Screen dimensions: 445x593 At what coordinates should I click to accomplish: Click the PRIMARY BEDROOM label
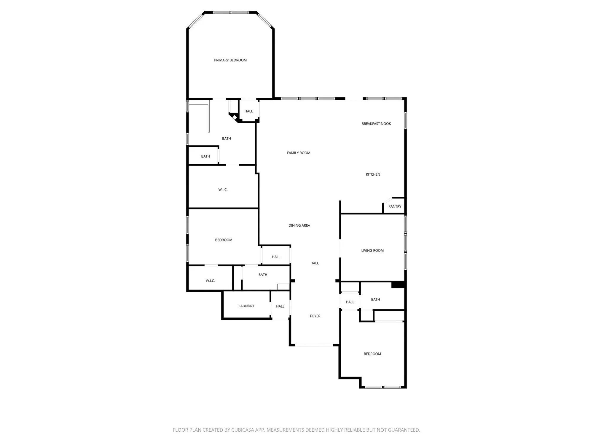tap(230, 60)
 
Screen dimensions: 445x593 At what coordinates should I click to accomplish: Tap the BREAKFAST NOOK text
tap(376, 124)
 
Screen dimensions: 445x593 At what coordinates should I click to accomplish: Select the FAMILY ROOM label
tap(299, 153)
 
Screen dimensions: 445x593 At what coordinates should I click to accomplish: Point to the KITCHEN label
tap(373, 174)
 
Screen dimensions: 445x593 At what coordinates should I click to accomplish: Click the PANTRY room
tap(395, 206)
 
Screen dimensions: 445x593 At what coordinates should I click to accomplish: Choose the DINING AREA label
tap(299, 225)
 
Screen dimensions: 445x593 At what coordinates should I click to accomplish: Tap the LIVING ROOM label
tap(372, 251)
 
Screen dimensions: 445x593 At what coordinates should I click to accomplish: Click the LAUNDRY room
tap(246, 306)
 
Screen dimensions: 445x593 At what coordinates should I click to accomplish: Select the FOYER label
tap(315, 316)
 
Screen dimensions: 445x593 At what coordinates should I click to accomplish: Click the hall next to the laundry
tap(280, 306)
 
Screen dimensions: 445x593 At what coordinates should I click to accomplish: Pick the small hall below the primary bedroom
tap(248, 111)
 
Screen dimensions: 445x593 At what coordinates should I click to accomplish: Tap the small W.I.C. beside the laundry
tap(210, 281)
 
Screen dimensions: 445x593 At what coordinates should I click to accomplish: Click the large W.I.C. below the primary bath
tap(223, 190)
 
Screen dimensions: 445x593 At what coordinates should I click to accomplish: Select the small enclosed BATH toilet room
tap(205, 156)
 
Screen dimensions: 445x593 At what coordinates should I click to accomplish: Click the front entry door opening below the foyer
tap(314, 345)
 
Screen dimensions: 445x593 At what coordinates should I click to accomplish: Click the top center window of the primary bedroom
tap(231, 12)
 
